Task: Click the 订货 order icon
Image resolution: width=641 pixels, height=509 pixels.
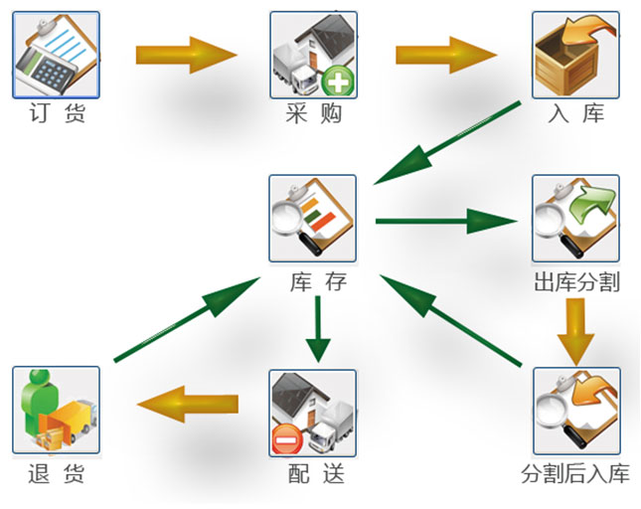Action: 56,56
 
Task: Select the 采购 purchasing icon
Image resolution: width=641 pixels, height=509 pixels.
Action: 313,56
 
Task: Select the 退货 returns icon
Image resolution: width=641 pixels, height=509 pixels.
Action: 56,410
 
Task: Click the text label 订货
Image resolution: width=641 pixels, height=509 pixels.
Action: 58,114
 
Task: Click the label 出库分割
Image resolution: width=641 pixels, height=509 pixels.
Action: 576,282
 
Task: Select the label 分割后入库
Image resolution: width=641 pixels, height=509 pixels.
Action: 575,473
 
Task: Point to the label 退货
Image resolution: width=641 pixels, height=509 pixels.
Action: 58,473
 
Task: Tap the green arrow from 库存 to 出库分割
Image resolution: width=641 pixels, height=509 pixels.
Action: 447,220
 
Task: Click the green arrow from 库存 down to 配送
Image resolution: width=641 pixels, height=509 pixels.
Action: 317,329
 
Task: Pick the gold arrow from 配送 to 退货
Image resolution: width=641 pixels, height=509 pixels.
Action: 188,404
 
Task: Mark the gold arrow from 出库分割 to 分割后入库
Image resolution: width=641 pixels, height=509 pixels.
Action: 575,331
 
